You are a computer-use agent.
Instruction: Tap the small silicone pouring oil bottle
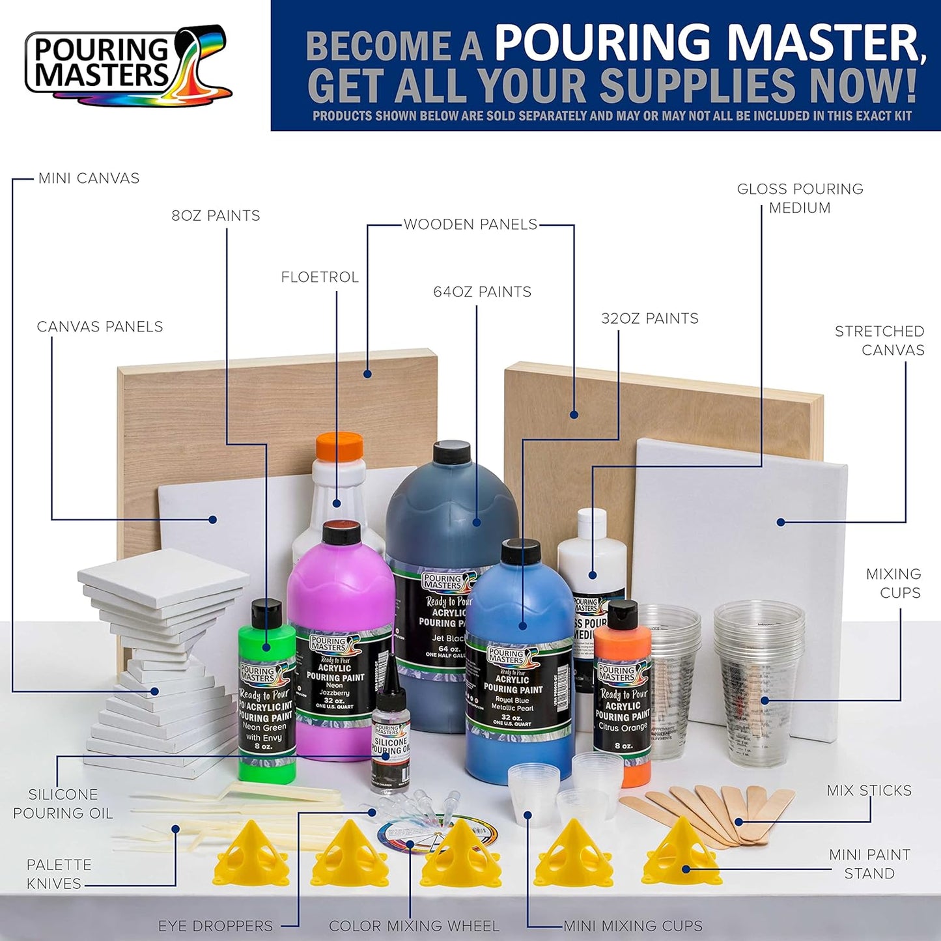(x=391, y=742)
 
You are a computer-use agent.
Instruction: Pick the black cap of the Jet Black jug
(x=451, y=451)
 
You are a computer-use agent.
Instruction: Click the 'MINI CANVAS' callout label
(x=89, y=178)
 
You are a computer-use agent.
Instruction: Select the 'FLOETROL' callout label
(x=320, y=277)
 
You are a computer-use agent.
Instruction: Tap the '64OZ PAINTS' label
(x=482, y=292)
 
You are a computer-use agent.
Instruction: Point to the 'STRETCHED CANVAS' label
(x=879, y=341)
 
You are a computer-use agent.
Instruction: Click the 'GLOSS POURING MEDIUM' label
(x=800, y=199)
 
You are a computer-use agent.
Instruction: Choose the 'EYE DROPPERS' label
(x=216, y=926)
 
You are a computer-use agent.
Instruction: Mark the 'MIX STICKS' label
(x=869, y=791)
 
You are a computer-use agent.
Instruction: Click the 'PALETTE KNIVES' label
(x=59, y=874)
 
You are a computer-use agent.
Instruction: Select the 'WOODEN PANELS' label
(x=470, y=225)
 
